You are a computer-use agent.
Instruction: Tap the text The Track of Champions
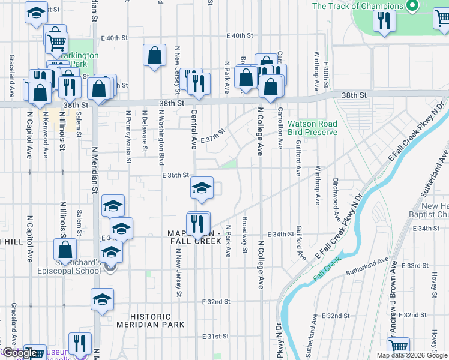tap(358, 6)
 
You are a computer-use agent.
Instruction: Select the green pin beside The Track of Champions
tap(412, 7)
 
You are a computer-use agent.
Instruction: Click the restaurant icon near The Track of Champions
tap(383, 21)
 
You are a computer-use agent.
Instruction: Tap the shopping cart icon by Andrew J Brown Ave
tap(398, 347)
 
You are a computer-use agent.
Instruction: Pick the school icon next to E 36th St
tap(202, 188)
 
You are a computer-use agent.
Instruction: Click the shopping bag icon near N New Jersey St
tap(155, 55)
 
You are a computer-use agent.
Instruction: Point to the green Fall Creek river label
tap(327, 269)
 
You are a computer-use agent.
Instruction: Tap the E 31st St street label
tap(217, 336)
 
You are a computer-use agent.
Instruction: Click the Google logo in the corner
tap(20, 353)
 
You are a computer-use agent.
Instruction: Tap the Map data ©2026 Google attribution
tap(411, 355)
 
